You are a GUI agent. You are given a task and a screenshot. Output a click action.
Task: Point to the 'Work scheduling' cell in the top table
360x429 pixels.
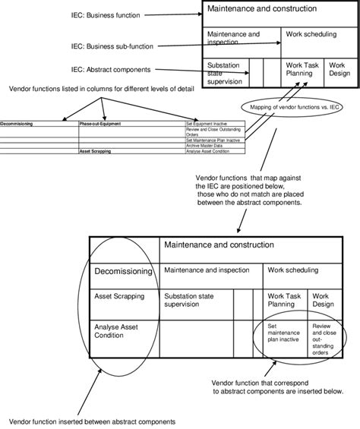tap(312, 34)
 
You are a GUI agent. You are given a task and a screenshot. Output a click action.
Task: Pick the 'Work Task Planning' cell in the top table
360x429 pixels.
tap(301, 69)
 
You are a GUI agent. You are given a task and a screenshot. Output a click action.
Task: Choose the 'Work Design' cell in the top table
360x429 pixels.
tap(339, 69)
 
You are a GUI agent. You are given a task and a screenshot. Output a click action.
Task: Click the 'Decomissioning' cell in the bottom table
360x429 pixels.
tap(123, 270)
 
